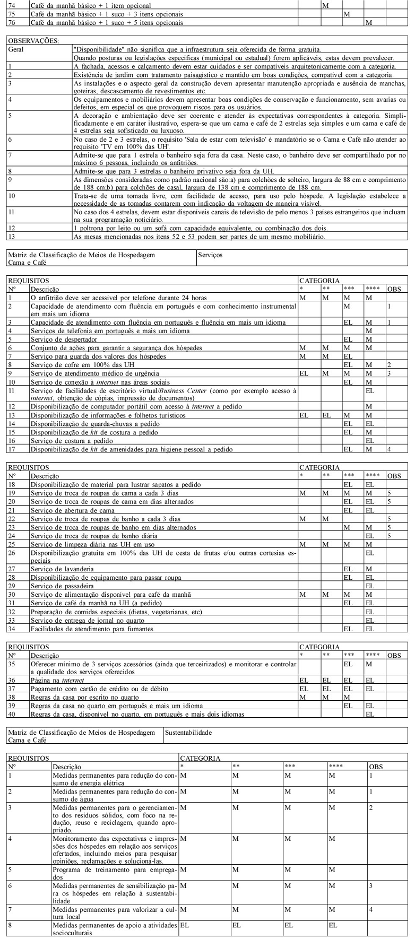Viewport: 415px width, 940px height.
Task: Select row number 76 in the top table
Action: [x=11, y=23]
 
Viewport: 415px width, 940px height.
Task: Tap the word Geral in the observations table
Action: [x=16, y=49]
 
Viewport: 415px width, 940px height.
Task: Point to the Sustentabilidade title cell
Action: [x=188, y=733]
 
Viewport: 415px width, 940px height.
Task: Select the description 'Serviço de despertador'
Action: [x=64, y=339]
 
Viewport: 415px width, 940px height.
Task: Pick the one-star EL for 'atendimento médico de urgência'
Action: [x=304, y=373]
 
